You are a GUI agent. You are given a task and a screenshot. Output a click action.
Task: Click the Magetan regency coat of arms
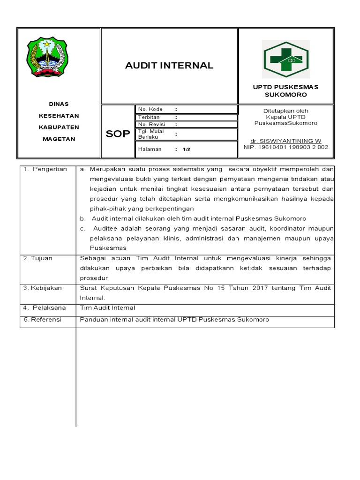coord(47,58)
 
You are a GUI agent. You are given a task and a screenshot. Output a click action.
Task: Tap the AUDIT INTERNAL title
coord(169,66)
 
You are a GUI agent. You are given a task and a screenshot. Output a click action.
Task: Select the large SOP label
coord(117,134)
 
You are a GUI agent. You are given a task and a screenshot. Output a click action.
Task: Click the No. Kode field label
coord(150,109)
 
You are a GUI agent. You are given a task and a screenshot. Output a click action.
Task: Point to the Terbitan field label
coord(149,117)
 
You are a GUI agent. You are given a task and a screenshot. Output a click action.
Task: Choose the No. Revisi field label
coord(150,125)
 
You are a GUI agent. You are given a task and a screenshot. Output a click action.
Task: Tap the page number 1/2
coord(186,150)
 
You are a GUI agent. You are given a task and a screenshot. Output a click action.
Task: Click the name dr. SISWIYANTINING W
coord(285,141)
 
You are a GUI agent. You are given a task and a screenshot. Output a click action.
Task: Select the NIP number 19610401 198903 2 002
coord(286,147)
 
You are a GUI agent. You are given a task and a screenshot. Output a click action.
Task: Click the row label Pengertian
coord(49,169)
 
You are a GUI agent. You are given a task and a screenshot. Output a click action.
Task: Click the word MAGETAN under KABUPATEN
coord(59,139)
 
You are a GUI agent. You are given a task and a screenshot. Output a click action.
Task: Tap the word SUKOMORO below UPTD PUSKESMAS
coord(285,95)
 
